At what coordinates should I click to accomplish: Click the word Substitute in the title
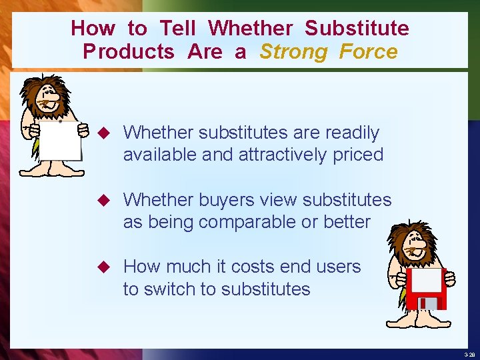357,29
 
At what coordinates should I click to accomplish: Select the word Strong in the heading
294,52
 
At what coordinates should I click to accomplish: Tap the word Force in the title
368,52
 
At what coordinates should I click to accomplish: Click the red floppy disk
422,289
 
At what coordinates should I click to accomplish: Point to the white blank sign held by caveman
59,141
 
